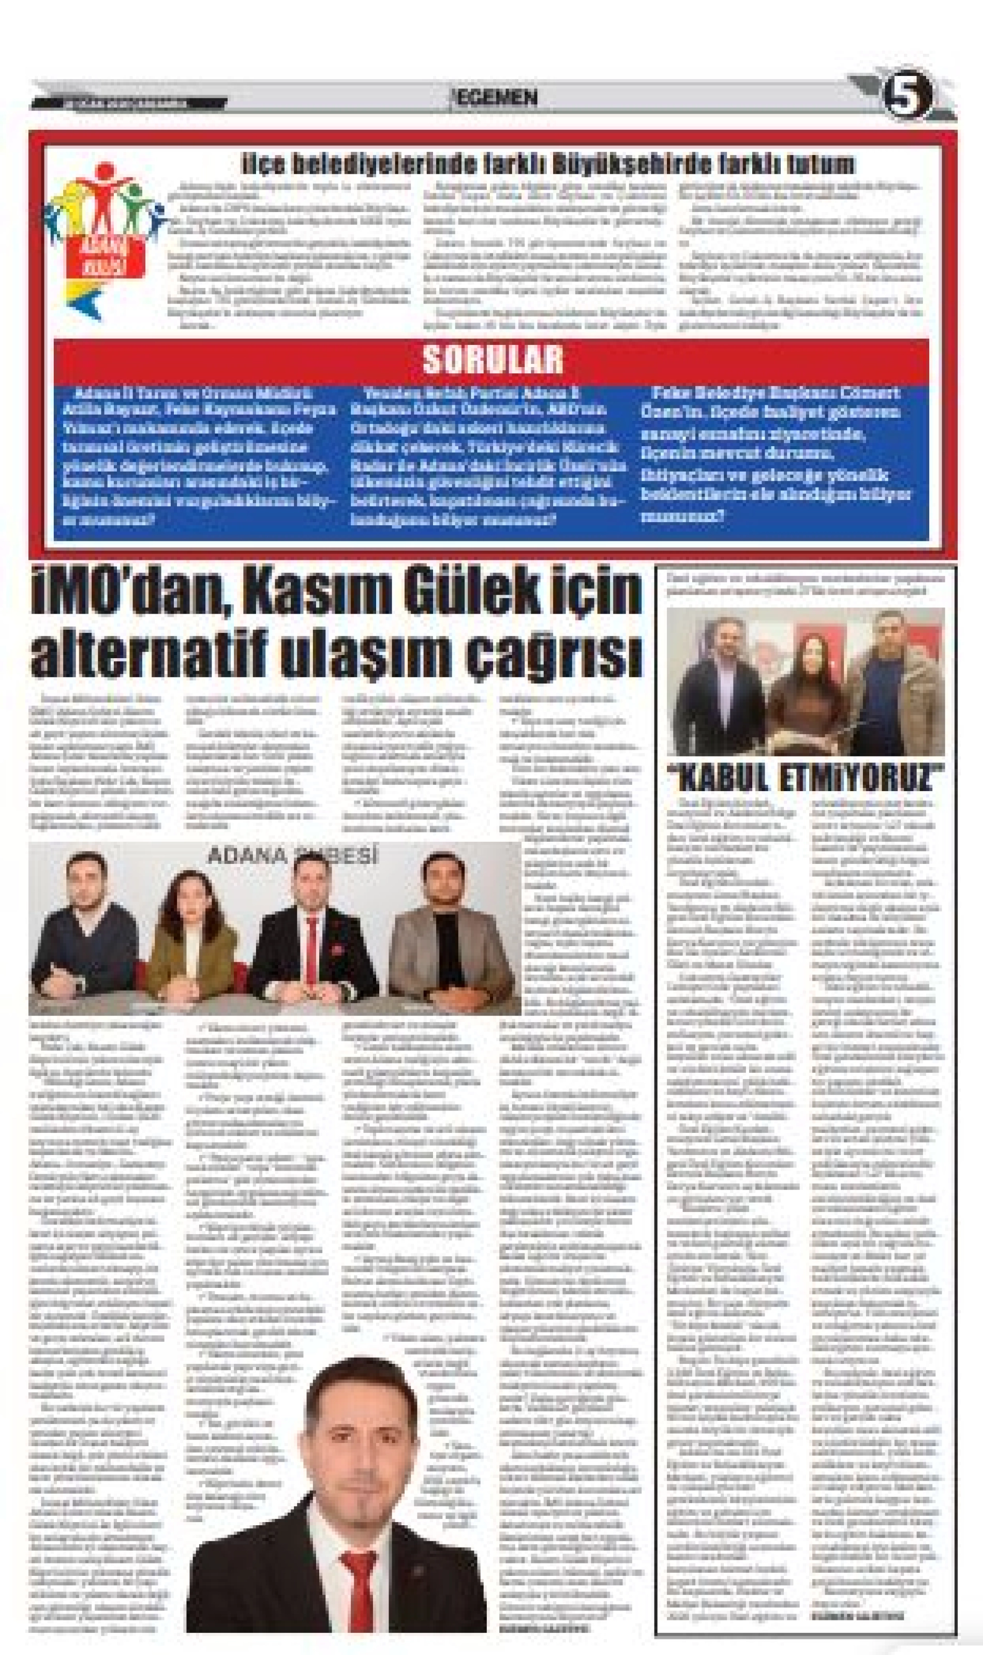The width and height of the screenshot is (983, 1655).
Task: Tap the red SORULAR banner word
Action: pos(492,359)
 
